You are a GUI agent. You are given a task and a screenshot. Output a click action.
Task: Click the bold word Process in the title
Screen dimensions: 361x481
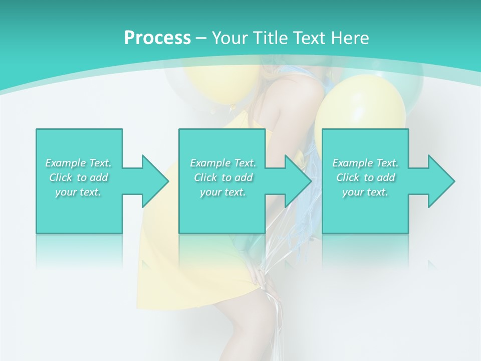[x=157, y=38]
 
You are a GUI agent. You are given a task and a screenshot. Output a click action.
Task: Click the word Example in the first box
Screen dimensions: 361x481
[x=65, y=163]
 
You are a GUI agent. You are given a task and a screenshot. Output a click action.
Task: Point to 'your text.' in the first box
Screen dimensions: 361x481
[x=79, y=192]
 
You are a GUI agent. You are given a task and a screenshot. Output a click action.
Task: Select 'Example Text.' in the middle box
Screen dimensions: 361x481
[x=223, y=163]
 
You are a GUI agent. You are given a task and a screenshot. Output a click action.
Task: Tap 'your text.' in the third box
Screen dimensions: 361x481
[x=365, y=192]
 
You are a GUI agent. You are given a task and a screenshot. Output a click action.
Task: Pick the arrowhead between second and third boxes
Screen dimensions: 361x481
[x=298, y=181]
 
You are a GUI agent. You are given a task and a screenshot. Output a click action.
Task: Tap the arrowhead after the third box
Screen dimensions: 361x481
[x=441, y=181]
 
